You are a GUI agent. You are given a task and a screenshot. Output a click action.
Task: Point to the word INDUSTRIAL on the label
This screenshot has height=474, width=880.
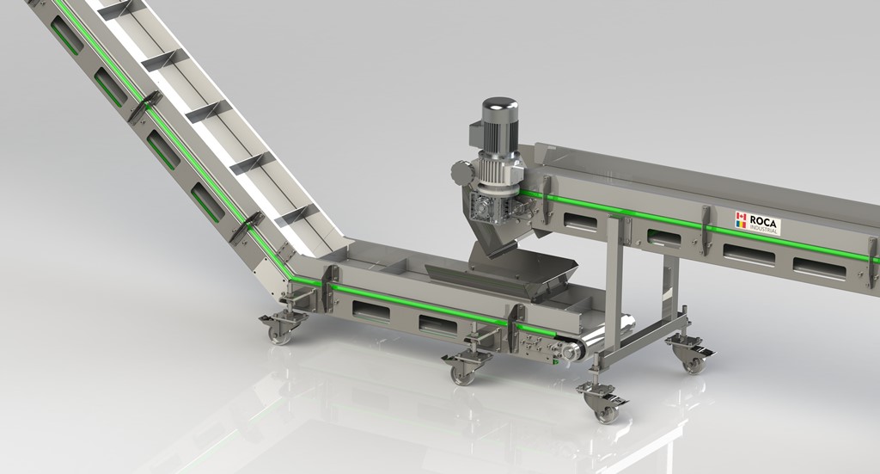point(763,229)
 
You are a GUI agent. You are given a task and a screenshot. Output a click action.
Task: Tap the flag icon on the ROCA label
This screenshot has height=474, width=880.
point(742,219)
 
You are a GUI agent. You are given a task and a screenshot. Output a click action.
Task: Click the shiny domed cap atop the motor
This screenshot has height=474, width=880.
point(499,109)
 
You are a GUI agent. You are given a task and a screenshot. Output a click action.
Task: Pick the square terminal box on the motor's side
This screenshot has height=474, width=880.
point(476,137)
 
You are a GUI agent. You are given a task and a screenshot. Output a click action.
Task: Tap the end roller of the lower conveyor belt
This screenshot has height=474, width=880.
point(571,352)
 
